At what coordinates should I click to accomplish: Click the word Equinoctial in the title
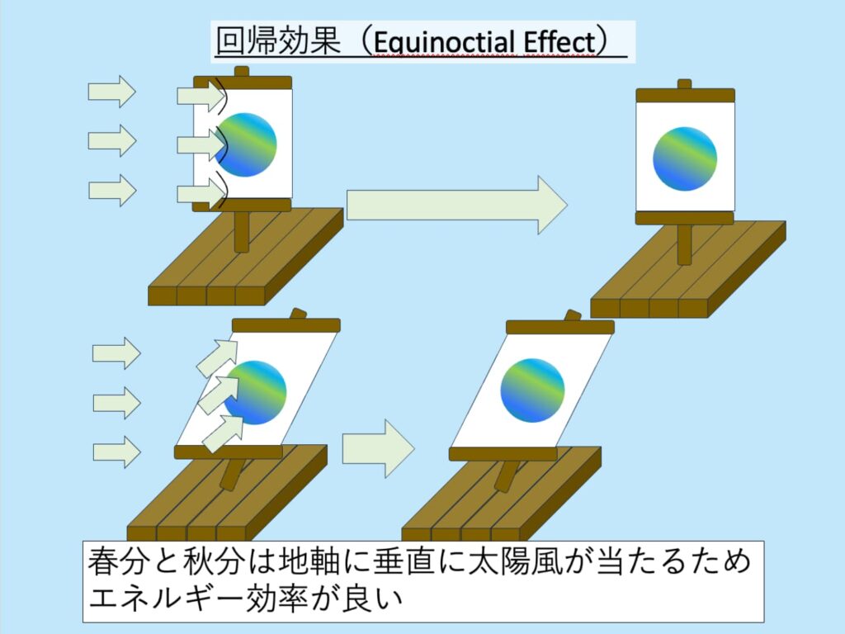446,41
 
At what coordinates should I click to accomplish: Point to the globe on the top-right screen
685,159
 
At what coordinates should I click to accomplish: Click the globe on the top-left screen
247,144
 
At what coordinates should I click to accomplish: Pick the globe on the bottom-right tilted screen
532,390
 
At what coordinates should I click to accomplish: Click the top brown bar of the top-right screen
685,95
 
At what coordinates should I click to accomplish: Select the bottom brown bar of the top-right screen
685,218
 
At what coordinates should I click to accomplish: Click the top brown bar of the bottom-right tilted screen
559,327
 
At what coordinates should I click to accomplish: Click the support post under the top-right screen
684,244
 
